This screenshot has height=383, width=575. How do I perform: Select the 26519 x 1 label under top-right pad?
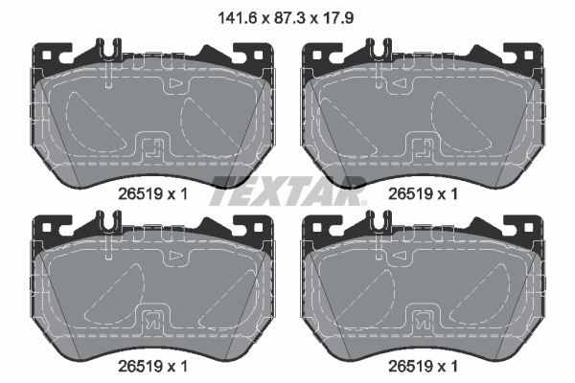pos(421,192)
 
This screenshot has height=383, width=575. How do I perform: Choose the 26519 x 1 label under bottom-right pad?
pos(421,366)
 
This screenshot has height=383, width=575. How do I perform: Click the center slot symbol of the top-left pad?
pos(150,148)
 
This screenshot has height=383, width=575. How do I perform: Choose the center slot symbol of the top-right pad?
pos(422,148)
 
